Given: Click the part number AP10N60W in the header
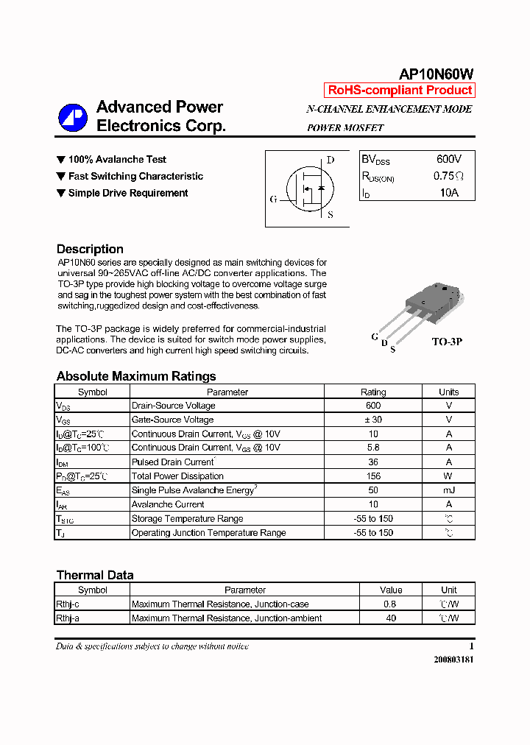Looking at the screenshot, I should [436, 74].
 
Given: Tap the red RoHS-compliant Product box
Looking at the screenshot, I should [400, 91].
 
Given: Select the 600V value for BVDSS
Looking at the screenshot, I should [448, 159].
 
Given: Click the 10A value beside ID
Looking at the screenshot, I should [448, 193].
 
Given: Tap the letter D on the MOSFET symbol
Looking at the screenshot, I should [331, 160].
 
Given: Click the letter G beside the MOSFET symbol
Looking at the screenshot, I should [274, 199].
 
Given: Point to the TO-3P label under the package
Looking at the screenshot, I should [447, 342].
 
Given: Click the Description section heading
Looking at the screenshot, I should [90, 249].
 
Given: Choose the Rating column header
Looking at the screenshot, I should [373, 392].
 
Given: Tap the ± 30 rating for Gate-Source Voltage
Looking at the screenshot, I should [373, 420].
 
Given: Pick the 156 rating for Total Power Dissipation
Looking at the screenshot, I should [373, 476].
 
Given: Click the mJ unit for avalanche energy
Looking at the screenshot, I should [448, 490].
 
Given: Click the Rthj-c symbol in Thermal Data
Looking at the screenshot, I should [68, 604].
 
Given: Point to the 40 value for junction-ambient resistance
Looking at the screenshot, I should [391, 618].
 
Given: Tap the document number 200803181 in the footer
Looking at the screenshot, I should [453, 660].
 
